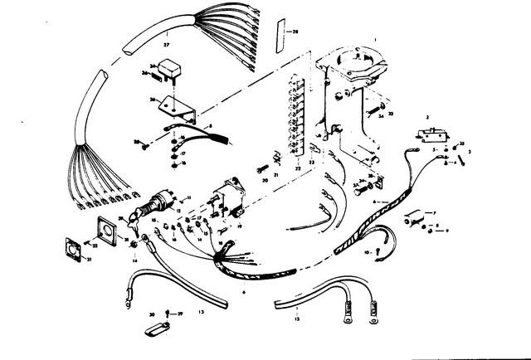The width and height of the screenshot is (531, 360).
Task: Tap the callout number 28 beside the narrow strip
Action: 293,31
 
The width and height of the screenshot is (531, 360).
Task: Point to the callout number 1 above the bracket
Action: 375,38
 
